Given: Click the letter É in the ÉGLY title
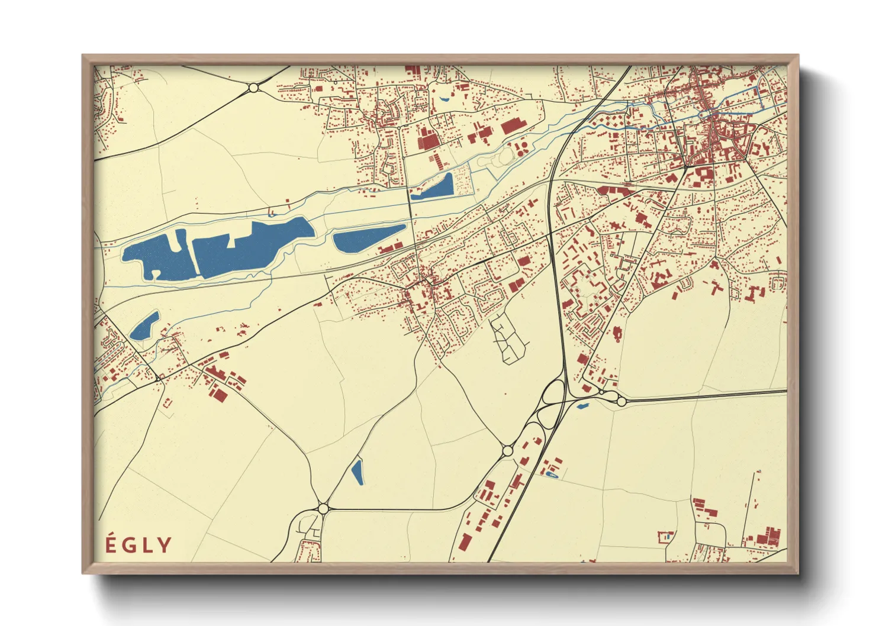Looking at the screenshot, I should [110, 544].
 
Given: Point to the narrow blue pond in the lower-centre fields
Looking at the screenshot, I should [357, 472].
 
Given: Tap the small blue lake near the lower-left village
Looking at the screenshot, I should [144, 326].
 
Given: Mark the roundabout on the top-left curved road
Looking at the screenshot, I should [254, 88].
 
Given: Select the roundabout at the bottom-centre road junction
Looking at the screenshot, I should [323, 508].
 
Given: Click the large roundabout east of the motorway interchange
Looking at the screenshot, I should [621, 401].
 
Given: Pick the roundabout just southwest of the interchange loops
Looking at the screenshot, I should [507, 451].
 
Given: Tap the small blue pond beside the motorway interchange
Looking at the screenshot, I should [582, 406].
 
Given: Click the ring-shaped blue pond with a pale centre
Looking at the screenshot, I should [552, 474].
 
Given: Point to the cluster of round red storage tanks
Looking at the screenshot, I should [521, 148].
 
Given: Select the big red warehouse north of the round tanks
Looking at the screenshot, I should [510, 126].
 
